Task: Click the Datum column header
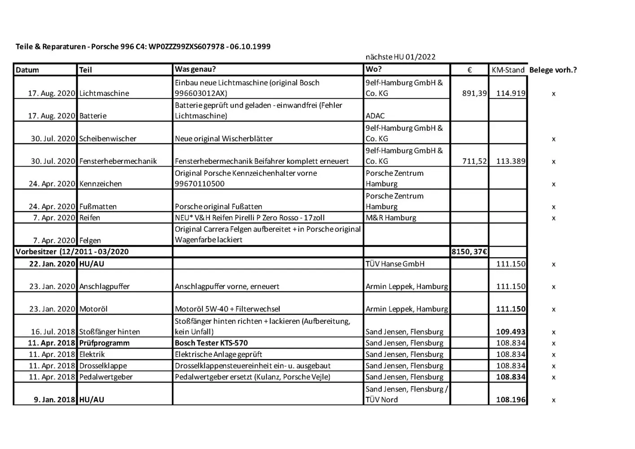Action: (27, 70)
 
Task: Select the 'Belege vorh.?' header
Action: (553, 70)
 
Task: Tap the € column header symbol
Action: (469, 70)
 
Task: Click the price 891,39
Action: (474, 93)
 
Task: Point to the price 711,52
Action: (474, 161)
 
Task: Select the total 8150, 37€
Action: (469, 252)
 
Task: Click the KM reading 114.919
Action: (511, 93)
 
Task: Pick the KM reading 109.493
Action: (511, 332)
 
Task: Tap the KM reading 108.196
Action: (511, 400)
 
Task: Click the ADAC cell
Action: (375, 116)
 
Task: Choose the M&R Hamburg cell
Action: (391, 218)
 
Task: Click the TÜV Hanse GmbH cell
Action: (395, 264)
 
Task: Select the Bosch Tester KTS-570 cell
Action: (211, 343)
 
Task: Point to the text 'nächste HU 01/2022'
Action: (400, 57)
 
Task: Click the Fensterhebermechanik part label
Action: (118, 161)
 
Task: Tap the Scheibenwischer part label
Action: (108, 139)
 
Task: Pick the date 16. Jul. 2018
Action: (53, 332)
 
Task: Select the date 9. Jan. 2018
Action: (54, 400)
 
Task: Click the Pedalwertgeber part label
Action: (106, 377)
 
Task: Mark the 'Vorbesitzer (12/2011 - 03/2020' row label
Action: (72, 252)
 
